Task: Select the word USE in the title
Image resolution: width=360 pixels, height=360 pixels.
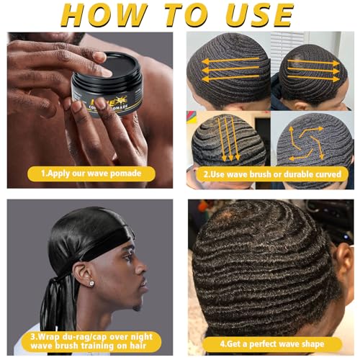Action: click(x=256, y=15)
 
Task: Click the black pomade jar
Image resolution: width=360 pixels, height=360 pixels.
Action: click(x=109, y=101)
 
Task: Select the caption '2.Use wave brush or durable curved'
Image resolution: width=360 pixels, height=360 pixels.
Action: click(x=270, y=174)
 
